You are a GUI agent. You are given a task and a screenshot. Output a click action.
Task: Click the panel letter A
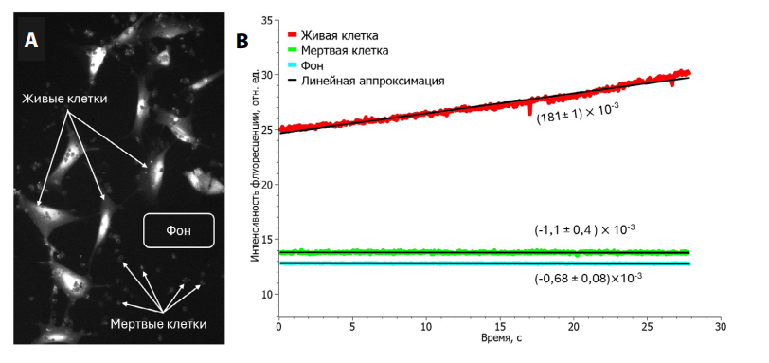(31, 40)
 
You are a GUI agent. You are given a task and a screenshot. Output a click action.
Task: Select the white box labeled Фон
(179, 231)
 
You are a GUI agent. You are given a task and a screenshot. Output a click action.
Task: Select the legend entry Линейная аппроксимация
(372, 82)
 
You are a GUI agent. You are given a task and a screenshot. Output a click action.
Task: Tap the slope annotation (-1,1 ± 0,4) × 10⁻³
(584, 229)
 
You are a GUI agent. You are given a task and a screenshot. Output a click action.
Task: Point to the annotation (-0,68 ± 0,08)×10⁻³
(587, 278)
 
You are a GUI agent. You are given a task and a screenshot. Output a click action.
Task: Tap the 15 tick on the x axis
(499, 326)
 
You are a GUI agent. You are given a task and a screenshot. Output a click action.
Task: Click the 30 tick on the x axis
(719, 326)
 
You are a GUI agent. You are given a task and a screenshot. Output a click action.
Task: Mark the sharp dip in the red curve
(528, 112)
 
